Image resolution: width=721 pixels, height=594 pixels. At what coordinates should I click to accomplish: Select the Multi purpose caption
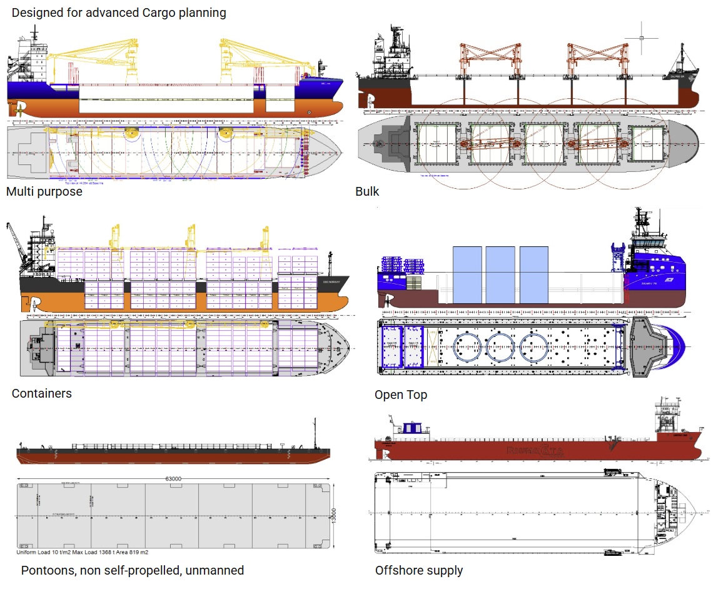pyautogui.click(x=44, y=191)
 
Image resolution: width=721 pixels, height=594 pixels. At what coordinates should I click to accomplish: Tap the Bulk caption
pyautogui.click(x=367, y=191)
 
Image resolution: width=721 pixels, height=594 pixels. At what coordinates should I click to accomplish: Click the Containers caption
pyautogui.click(x=41, y=393)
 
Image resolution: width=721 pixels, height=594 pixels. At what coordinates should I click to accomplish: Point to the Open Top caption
pyautogui.click(x=401, y=395)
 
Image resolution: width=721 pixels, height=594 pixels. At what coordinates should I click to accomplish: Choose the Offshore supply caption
pyautogui.click(x=419, y=570)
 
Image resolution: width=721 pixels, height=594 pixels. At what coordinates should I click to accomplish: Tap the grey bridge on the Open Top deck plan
pyautogui.click(x=650, y=347)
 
